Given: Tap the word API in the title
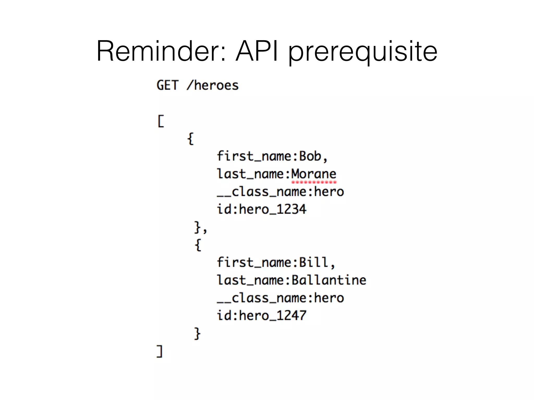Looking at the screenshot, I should click(257, 51).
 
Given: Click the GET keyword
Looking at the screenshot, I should click(167, 85).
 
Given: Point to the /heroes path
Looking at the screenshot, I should click(213, 85).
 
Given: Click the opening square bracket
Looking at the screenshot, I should click(161, 121).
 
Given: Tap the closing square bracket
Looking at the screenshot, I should click(160, 351).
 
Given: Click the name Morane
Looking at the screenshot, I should click(314, 174).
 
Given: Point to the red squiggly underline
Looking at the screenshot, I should click(314, 182).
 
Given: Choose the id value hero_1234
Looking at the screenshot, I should click(273, 209).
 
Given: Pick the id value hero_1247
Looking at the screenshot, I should click(273, 316).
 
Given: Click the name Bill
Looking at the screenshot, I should click(314, 262).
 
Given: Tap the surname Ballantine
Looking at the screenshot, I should click(329, 280).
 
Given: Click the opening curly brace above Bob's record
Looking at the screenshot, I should click(191, 139).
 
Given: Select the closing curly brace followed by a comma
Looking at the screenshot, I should click(198, 227).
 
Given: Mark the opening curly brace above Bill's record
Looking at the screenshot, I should click(198, 245).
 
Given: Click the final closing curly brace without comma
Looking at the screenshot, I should click(197, 333).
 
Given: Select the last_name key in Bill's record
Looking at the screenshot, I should click(250, 280).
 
